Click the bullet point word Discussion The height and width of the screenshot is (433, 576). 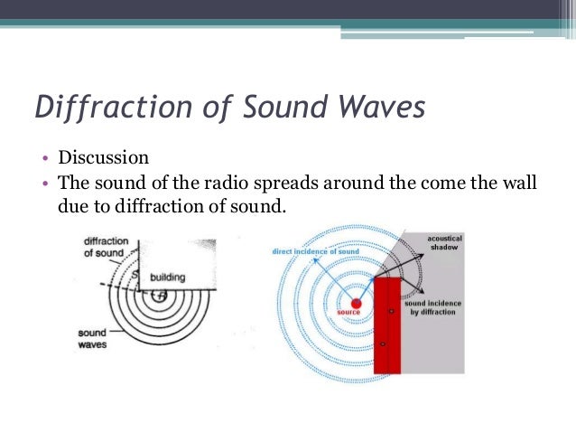pyautogui.click(x=103, y=159)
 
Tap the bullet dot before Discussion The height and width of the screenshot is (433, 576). pyautogui.click(x=47, y=160)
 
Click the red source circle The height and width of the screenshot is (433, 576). pyautogui.click(x=357, y=303)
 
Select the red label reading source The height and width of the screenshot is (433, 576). pyautogui.click(x=348, y=313)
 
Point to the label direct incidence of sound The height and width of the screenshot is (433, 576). pyautogui.click(x=316, y=251)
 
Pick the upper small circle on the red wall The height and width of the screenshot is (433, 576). pyautogui.click(x=391, y=311)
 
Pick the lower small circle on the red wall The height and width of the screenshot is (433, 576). pyautogui.click(x=383, y=344)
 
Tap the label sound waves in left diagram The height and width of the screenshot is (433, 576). pyautogui.click(x=94, y=338)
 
